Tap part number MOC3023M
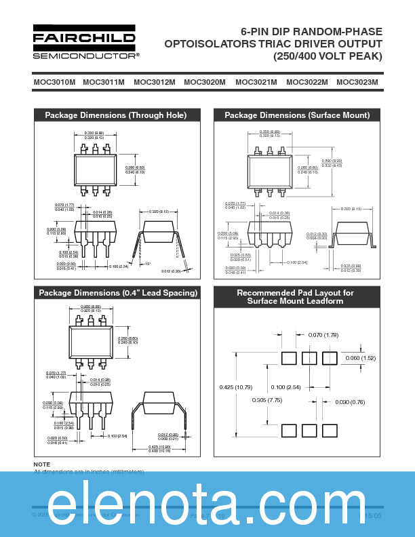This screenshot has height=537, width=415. click(357, 82)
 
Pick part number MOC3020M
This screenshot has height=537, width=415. click(205, 82)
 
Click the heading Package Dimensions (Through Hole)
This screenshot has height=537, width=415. click(116, 115)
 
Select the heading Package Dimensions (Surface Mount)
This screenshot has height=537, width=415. click(297, 115)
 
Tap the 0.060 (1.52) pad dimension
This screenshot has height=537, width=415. click(360, 358)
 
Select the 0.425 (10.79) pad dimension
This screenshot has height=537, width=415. click(236, 387)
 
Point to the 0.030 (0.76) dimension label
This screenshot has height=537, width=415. click(351, 402)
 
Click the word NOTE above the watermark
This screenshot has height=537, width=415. click(42, 464)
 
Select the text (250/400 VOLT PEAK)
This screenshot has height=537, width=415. click(328, 56)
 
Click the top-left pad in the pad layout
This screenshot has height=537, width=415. click(288, 357)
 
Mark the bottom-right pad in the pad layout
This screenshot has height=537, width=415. click(330, 431)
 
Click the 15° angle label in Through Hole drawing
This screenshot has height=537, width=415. click(148, 264)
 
